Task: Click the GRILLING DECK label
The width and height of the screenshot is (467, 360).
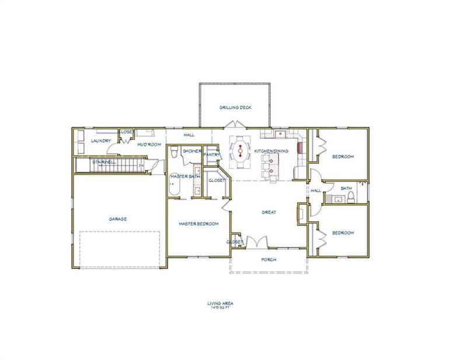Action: coord(235,108)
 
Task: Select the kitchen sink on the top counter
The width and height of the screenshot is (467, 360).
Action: coord(280,134)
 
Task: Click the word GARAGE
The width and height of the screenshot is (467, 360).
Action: coord(118,219)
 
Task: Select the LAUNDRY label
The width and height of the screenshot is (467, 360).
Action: coord(101,141)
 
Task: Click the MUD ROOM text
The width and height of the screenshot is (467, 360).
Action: coord(148,144)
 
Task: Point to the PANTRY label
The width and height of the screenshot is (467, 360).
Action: coord(211,155)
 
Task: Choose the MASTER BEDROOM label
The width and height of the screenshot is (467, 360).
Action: coord(198,224)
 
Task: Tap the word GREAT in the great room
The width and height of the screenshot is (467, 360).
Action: coord(269,212)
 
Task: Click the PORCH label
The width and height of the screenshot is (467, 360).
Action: coord(269,260)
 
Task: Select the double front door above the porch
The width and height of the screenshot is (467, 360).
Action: coord(257,242)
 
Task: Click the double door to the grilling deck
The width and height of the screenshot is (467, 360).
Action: coord(235,124)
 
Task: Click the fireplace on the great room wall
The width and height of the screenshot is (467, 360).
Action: coord(301,213)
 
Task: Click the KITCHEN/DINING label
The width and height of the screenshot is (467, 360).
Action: coord(271,151)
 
